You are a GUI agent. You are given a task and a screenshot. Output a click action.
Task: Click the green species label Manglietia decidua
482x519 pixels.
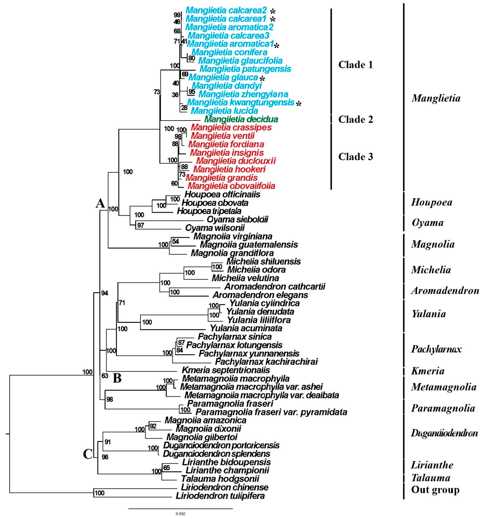[241, 119]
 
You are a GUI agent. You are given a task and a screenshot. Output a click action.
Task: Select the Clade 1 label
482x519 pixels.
[356, 65]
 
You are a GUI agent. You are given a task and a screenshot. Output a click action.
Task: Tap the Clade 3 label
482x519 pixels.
[356, 157]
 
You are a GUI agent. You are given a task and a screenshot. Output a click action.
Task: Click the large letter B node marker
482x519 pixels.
[117, 378]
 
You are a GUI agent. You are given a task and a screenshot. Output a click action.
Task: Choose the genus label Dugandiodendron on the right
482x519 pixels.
[444, 433]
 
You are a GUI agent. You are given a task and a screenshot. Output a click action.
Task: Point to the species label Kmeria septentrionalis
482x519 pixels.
[226, 370]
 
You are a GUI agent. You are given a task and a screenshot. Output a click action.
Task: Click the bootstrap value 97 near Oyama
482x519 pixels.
[140, 225]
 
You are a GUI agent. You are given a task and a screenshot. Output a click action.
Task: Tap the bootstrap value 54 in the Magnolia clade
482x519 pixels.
[175, 241]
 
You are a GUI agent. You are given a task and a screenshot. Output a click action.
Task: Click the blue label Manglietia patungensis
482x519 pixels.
[245, 69]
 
